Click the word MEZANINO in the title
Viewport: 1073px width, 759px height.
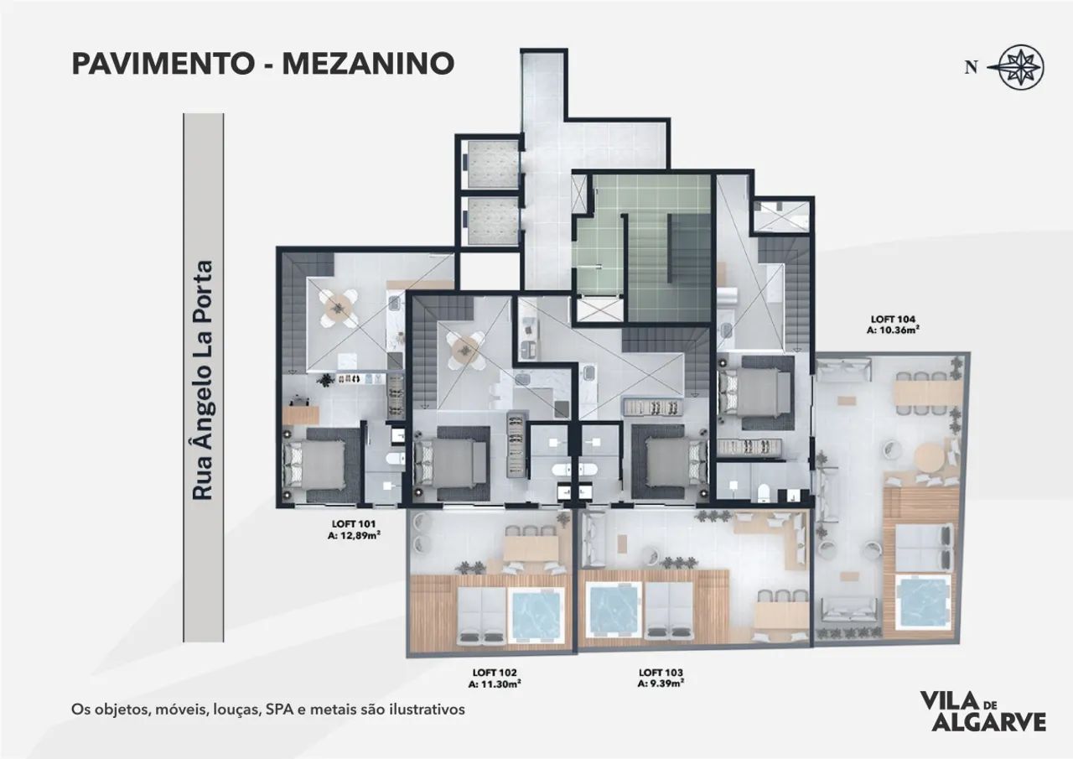click(368, 63)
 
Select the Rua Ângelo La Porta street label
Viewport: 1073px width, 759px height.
click(202, 380)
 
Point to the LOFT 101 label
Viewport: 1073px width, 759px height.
click(354, 523)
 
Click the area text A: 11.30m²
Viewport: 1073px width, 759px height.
click(495, 684)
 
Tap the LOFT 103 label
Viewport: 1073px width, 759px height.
click(661, 673)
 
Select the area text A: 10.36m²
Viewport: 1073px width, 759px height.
click(893, 330)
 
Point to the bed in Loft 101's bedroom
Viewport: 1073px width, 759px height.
click(318, 465)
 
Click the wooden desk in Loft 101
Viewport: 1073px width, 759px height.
click(301, 414)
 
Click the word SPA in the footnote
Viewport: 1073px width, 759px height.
click(277, 710)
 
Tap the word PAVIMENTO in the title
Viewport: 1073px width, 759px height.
click(163, 63)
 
